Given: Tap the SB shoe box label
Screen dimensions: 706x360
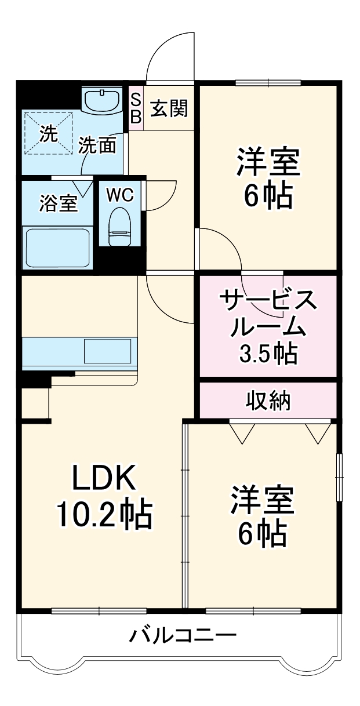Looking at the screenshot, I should point(136,108).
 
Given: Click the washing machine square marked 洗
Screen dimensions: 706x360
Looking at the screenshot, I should point(49,134).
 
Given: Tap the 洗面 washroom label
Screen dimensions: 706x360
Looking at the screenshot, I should point(101,145).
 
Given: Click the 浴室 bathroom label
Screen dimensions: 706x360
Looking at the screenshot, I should point(58,204).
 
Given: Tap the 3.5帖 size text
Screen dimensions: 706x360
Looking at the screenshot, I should point(268,353).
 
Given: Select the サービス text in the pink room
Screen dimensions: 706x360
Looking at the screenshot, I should point(268,301).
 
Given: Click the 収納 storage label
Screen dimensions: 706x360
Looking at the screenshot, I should point(268,400).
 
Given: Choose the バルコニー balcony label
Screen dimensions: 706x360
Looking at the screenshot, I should point(183,636).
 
